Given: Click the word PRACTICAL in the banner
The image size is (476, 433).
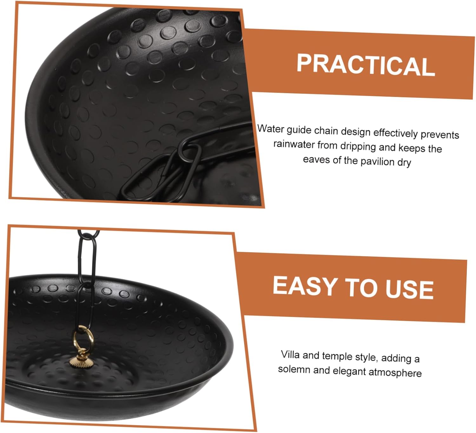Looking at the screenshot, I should point(365,65).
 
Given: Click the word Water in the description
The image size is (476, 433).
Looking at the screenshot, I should point(270,129).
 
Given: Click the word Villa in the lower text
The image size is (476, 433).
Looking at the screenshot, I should point(290,354).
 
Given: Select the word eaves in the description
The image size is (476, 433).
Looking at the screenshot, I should point(316,160).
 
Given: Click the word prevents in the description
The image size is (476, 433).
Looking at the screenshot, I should point(440,135).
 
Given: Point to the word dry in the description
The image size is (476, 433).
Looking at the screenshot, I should point(404,163).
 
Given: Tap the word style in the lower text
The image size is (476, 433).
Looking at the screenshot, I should point(367,357).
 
